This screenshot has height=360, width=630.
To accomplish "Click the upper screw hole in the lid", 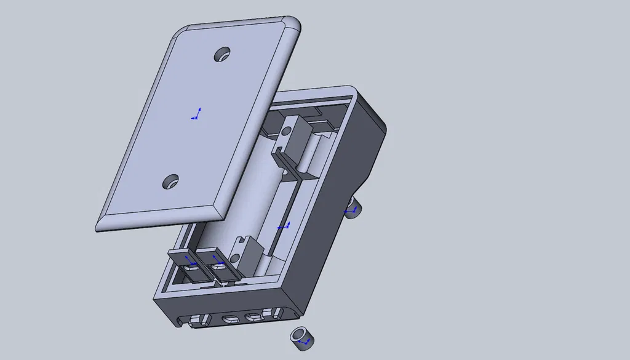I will click(223, 54).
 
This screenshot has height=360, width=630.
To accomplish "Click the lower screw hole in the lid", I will click(171, 181).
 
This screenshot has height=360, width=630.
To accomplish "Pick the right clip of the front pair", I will click(218, 266).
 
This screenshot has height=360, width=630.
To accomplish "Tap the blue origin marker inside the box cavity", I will click(283, 227).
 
